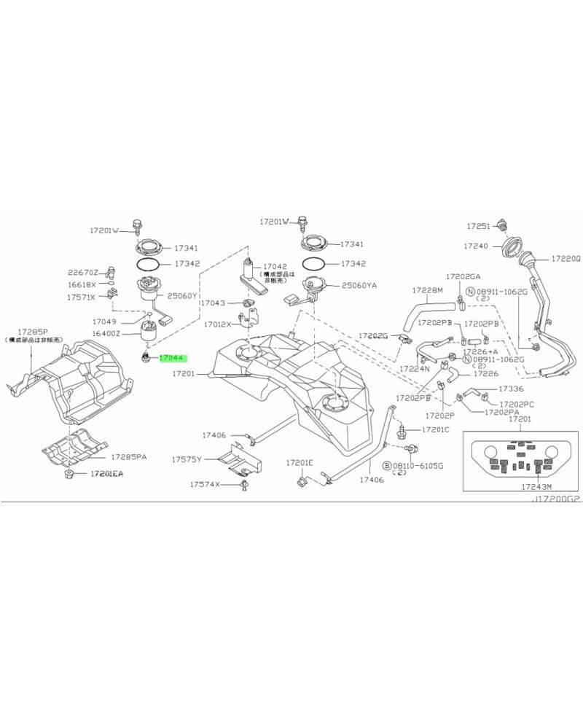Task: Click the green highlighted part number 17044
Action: (x=173, y=358)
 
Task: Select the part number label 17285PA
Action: (x=129, y=457)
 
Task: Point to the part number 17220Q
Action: (x=565, y=258)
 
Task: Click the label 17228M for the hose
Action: (x=429, y=290)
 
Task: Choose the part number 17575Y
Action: (x=187, y=460)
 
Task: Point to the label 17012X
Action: (x=218, y=324)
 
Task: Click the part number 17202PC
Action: (x=517, y=403)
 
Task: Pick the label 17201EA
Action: (x=107, y=474)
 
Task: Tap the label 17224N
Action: (x=414, y=369)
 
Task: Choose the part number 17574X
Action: (x=205, y=484)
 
